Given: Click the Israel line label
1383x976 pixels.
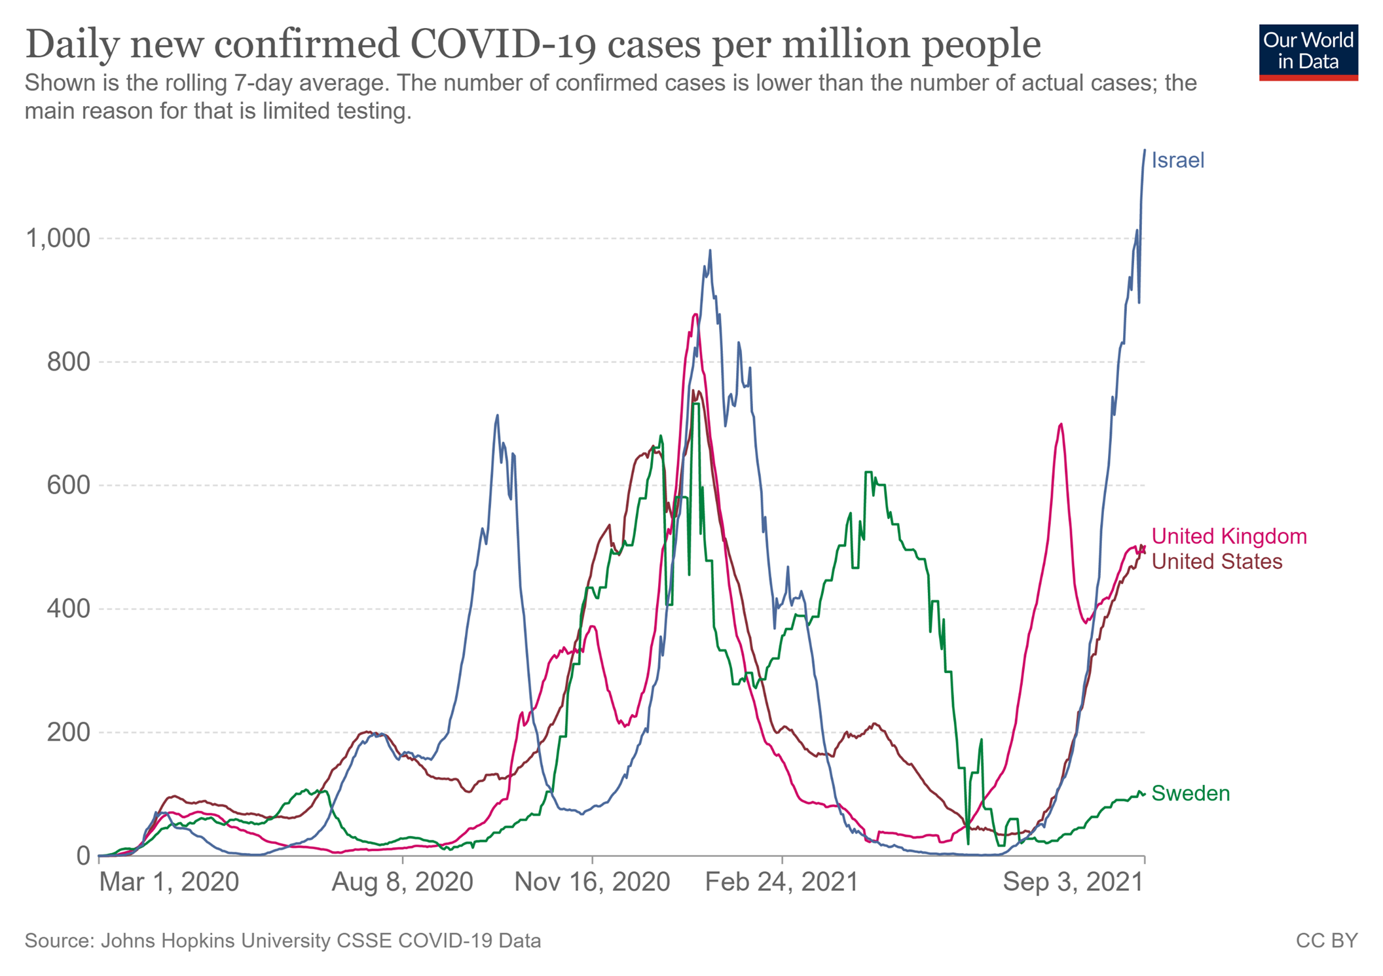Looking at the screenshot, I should [1177, 160].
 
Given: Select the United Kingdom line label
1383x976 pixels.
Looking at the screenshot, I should [1228, 536].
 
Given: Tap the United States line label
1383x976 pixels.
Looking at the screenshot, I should [1216, 562].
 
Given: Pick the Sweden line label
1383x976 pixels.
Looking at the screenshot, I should [1190, 793].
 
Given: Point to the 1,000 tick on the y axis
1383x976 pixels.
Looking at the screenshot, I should [57, 238].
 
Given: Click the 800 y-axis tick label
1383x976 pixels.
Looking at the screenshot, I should [68, 362].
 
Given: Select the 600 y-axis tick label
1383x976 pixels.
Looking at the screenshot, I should [68, 485].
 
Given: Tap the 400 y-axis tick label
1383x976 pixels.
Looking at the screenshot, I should [68, 609].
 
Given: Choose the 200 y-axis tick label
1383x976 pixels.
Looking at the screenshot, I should [68, 732].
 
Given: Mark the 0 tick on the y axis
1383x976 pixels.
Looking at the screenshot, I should [83, 856].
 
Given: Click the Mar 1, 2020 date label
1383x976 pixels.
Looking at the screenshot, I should [169, 882].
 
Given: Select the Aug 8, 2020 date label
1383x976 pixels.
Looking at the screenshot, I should [402, 882].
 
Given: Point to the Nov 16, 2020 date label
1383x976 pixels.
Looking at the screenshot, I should [592, 882].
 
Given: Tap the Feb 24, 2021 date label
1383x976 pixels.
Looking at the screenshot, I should [781, 882].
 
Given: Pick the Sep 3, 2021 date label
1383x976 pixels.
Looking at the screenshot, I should [1073, 882].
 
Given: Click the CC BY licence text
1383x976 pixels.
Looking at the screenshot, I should [1326, 941].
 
